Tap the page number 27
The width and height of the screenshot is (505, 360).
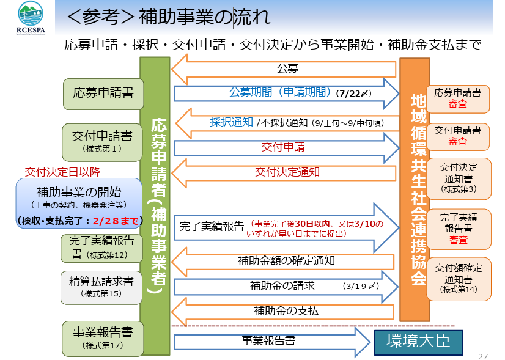[x=482, y=355]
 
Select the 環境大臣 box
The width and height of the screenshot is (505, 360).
[x=419, y=341]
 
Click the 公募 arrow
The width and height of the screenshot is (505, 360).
[x=281, y=68]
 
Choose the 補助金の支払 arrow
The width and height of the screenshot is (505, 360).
[x=281, y=310]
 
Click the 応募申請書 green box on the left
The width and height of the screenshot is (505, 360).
[x=99, y=94]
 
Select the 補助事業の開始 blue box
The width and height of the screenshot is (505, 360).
[x=79, y=199]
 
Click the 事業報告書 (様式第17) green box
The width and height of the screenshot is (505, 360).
[x=101, y=338]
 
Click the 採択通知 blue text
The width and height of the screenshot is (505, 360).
[x=231, y=122]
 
